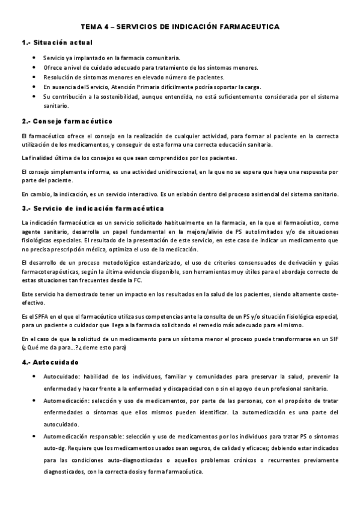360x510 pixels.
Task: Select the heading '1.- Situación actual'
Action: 56,43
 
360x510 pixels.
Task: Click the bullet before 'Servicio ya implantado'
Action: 34,58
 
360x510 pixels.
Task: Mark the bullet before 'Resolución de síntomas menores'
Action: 34,77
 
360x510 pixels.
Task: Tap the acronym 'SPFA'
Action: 41,316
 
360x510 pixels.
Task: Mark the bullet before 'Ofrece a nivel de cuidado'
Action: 34,67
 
